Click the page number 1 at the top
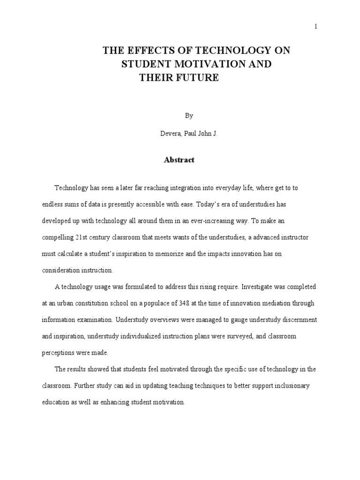point(316,27)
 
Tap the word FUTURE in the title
point(198,78)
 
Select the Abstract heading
point(179,160)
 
